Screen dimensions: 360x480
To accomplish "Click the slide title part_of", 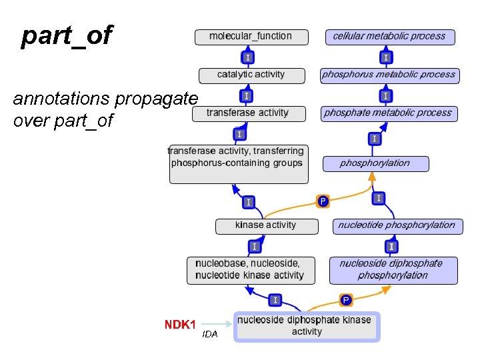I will click(67, 36).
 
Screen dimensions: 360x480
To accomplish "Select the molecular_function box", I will click(252, 37).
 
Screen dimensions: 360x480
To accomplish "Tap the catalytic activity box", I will click(251, 75).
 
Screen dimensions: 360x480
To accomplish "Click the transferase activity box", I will click(249, 113).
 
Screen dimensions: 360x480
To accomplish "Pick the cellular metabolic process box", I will click(389, 37).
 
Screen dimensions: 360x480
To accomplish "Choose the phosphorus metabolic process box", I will click(389, 75).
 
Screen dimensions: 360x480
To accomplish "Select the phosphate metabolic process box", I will click(388, 113).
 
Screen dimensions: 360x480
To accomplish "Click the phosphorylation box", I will click(375, 163).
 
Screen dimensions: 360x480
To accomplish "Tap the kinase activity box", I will click(266, 225).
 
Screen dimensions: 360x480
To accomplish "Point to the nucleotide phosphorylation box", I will click(397, 225).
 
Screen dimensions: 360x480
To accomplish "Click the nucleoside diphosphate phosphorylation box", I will click(393, 269).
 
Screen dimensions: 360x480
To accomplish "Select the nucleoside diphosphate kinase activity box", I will click(307, 326).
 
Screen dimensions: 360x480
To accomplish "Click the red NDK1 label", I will click(180, 325).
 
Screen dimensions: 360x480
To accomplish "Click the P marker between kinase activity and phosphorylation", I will click(323, 201).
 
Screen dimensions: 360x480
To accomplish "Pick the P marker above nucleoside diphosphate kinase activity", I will click(346, 300).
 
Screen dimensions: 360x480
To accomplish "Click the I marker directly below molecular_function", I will click(247, 57).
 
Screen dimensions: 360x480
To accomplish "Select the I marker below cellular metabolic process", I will click(386, 57).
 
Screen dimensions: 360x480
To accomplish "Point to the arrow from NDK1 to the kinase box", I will click(216, 324).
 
